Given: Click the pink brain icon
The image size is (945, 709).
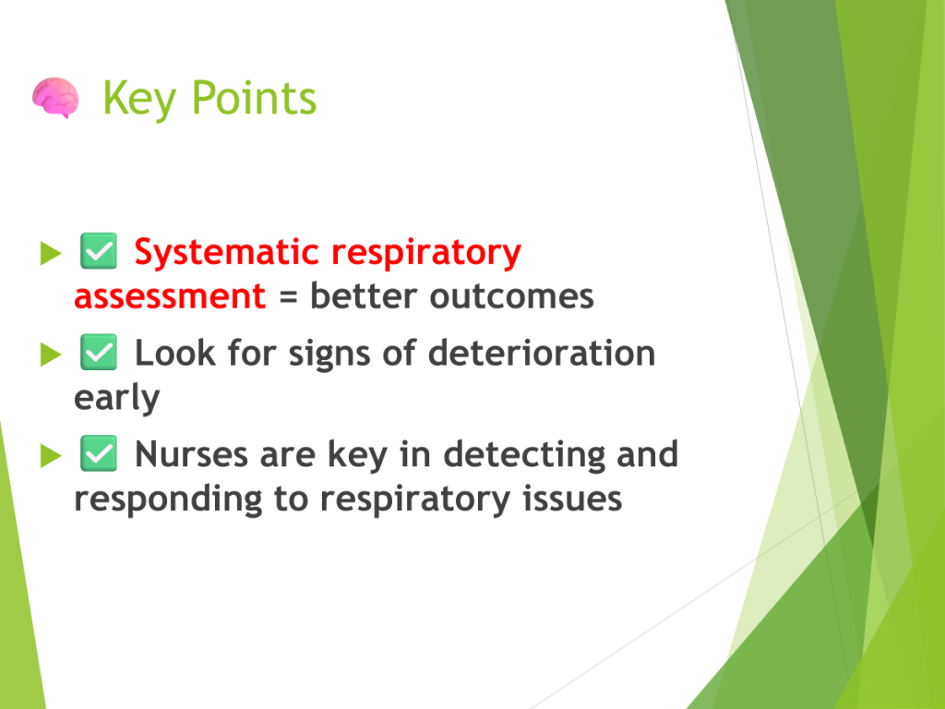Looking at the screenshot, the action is point(55,97).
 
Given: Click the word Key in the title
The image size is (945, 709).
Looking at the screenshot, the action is point(139,99).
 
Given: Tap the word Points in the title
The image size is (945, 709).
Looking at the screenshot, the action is point(254,97).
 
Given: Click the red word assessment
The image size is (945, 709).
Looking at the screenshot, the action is point(170,296).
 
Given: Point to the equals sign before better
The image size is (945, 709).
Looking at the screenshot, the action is point(288,297).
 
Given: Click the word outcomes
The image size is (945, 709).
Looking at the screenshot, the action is point(511,296).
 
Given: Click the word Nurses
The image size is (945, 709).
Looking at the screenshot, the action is point(191,454).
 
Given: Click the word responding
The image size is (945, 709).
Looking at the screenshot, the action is point(168,500).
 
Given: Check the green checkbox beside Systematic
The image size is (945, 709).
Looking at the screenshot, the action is point(99,251).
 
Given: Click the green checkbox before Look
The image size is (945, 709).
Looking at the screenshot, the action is point(99,352).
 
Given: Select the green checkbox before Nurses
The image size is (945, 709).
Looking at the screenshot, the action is point(99,453).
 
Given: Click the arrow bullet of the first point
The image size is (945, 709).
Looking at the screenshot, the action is point(51,253).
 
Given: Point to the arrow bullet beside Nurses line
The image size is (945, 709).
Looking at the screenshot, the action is point(51,456).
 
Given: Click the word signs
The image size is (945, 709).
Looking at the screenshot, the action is point(329,354).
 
